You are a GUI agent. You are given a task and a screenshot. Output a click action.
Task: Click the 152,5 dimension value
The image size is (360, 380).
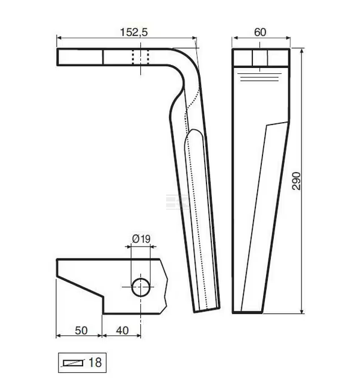click(134, 32)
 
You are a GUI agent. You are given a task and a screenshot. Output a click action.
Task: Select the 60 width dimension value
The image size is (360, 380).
click(260, 32)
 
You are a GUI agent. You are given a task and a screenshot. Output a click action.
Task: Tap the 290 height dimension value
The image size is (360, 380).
click(296, 181)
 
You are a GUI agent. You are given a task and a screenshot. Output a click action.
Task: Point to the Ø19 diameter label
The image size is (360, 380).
click(141, 239)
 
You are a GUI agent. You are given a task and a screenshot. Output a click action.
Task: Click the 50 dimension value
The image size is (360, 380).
click(81, 331)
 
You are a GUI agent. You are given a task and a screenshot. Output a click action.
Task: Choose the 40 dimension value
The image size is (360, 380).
click(122, 331)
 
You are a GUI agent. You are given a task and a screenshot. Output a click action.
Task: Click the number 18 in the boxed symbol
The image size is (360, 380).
click(95, 363)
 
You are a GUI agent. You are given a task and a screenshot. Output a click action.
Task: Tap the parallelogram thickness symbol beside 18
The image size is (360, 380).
click(73, 363)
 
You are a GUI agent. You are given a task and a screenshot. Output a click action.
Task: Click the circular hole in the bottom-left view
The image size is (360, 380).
click(141, 287)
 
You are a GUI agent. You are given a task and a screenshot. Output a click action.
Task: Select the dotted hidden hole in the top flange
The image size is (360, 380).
click(140, 57)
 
